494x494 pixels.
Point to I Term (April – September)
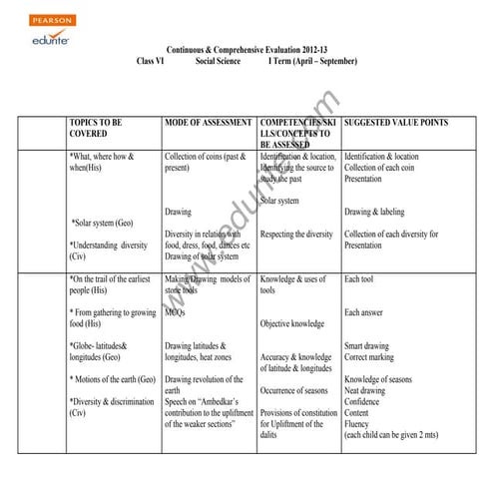tap(312, 62)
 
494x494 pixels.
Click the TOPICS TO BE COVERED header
tap(97, 128)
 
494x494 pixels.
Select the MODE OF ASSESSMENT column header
tap(209, 123)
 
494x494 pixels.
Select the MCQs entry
tap(176, 312)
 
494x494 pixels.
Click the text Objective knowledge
tap(292, 323)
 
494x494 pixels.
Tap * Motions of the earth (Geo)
tap(113, 379)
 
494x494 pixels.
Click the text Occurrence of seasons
tap(301, 390)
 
